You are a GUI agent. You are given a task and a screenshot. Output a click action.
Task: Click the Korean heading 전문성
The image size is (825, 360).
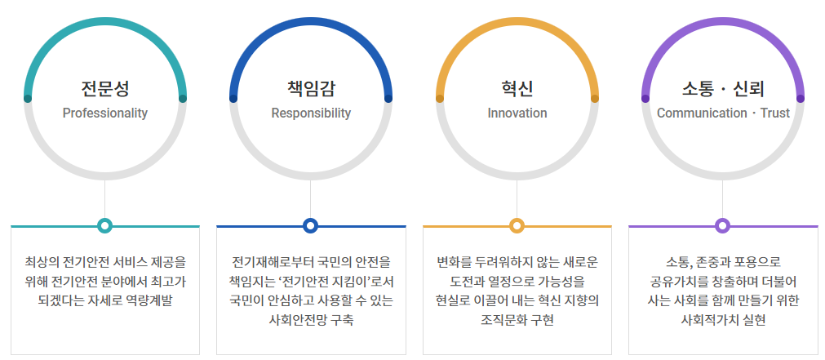coord(104,87)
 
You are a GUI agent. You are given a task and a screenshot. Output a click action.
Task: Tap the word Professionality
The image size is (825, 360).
coord(104,113)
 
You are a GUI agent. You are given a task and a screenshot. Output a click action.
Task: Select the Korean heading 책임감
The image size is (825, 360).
coord(311,87)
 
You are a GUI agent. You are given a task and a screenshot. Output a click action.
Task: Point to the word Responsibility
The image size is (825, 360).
coord(311,113)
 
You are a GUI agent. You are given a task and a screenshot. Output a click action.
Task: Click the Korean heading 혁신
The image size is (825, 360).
coord(517,87)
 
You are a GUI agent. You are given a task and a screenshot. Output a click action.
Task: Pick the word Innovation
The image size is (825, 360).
coord(517,113)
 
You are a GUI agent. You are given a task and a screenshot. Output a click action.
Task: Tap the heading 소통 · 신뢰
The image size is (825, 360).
coord(723,87)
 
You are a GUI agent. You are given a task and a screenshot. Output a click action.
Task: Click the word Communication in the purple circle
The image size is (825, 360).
coord(701,113)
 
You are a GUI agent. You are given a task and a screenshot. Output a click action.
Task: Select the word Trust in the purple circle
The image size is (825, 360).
coord(774,113)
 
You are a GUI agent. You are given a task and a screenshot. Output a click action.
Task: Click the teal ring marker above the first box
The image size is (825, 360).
coord(104,225)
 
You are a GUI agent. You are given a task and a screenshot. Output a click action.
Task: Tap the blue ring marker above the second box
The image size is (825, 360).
coord(311,225)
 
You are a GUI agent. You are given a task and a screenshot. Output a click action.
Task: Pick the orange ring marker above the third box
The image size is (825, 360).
coord(517,225)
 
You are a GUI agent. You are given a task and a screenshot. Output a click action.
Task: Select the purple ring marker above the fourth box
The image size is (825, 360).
coord(723,225)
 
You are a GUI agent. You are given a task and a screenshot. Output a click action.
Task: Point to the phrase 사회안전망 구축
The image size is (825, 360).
coord(311,320)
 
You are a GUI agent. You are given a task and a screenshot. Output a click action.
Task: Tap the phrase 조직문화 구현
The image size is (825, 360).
coord(517,320)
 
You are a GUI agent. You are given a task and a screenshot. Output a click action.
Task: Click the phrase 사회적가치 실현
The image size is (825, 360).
coord(723,320)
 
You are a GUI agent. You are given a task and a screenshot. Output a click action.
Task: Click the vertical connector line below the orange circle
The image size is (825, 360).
coord(517,200)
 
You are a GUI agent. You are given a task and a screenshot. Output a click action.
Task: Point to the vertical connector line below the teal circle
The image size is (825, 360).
coord(104,200)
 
